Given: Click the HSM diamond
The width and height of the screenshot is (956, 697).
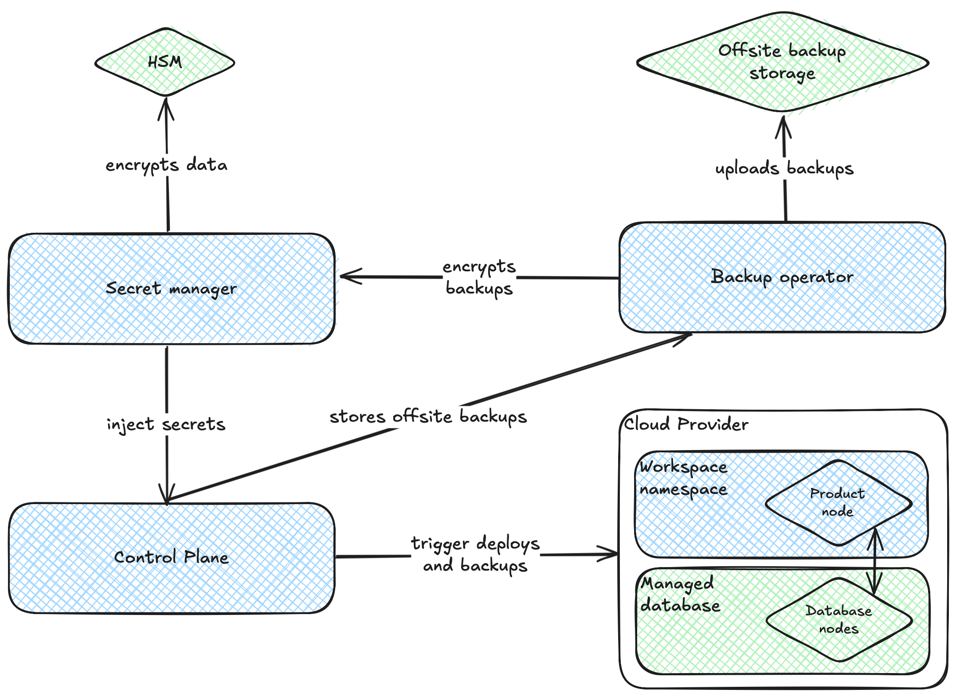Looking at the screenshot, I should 165,62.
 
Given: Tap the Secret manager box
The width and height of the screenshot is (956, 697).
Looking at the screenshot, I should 171,288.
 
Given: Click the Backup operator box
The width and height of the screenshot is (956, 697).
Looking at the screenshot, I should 782,278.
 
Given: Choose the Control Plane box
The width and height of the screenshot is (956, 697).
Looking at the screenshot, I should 171,557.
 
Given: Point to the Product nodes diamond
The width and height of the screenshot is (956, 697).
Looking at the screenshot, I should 838,503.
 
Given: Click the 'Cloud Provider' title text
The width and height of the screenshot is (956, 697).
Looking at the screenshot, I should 686,425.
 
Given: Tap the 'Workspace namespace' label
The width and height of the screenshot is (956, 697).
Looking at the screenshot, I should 683,479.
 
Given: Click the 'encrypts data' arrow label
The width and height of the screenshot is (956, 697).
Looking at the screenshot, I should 167,165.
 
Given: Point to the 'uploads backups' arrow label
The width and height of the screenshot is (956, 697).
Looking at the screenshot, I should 784,169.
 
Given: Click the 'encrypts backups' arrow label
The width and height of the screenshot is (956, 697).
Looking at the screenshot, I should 479,278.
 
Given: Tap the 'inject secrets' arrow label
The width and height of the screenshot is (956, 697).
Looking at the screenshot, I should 166,424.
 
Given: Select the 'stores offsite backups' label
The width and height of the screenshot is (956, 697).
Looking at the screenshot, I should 428,417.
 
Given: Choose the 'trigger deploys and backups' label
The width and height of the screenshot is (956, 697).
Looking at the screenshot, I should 475,554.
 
